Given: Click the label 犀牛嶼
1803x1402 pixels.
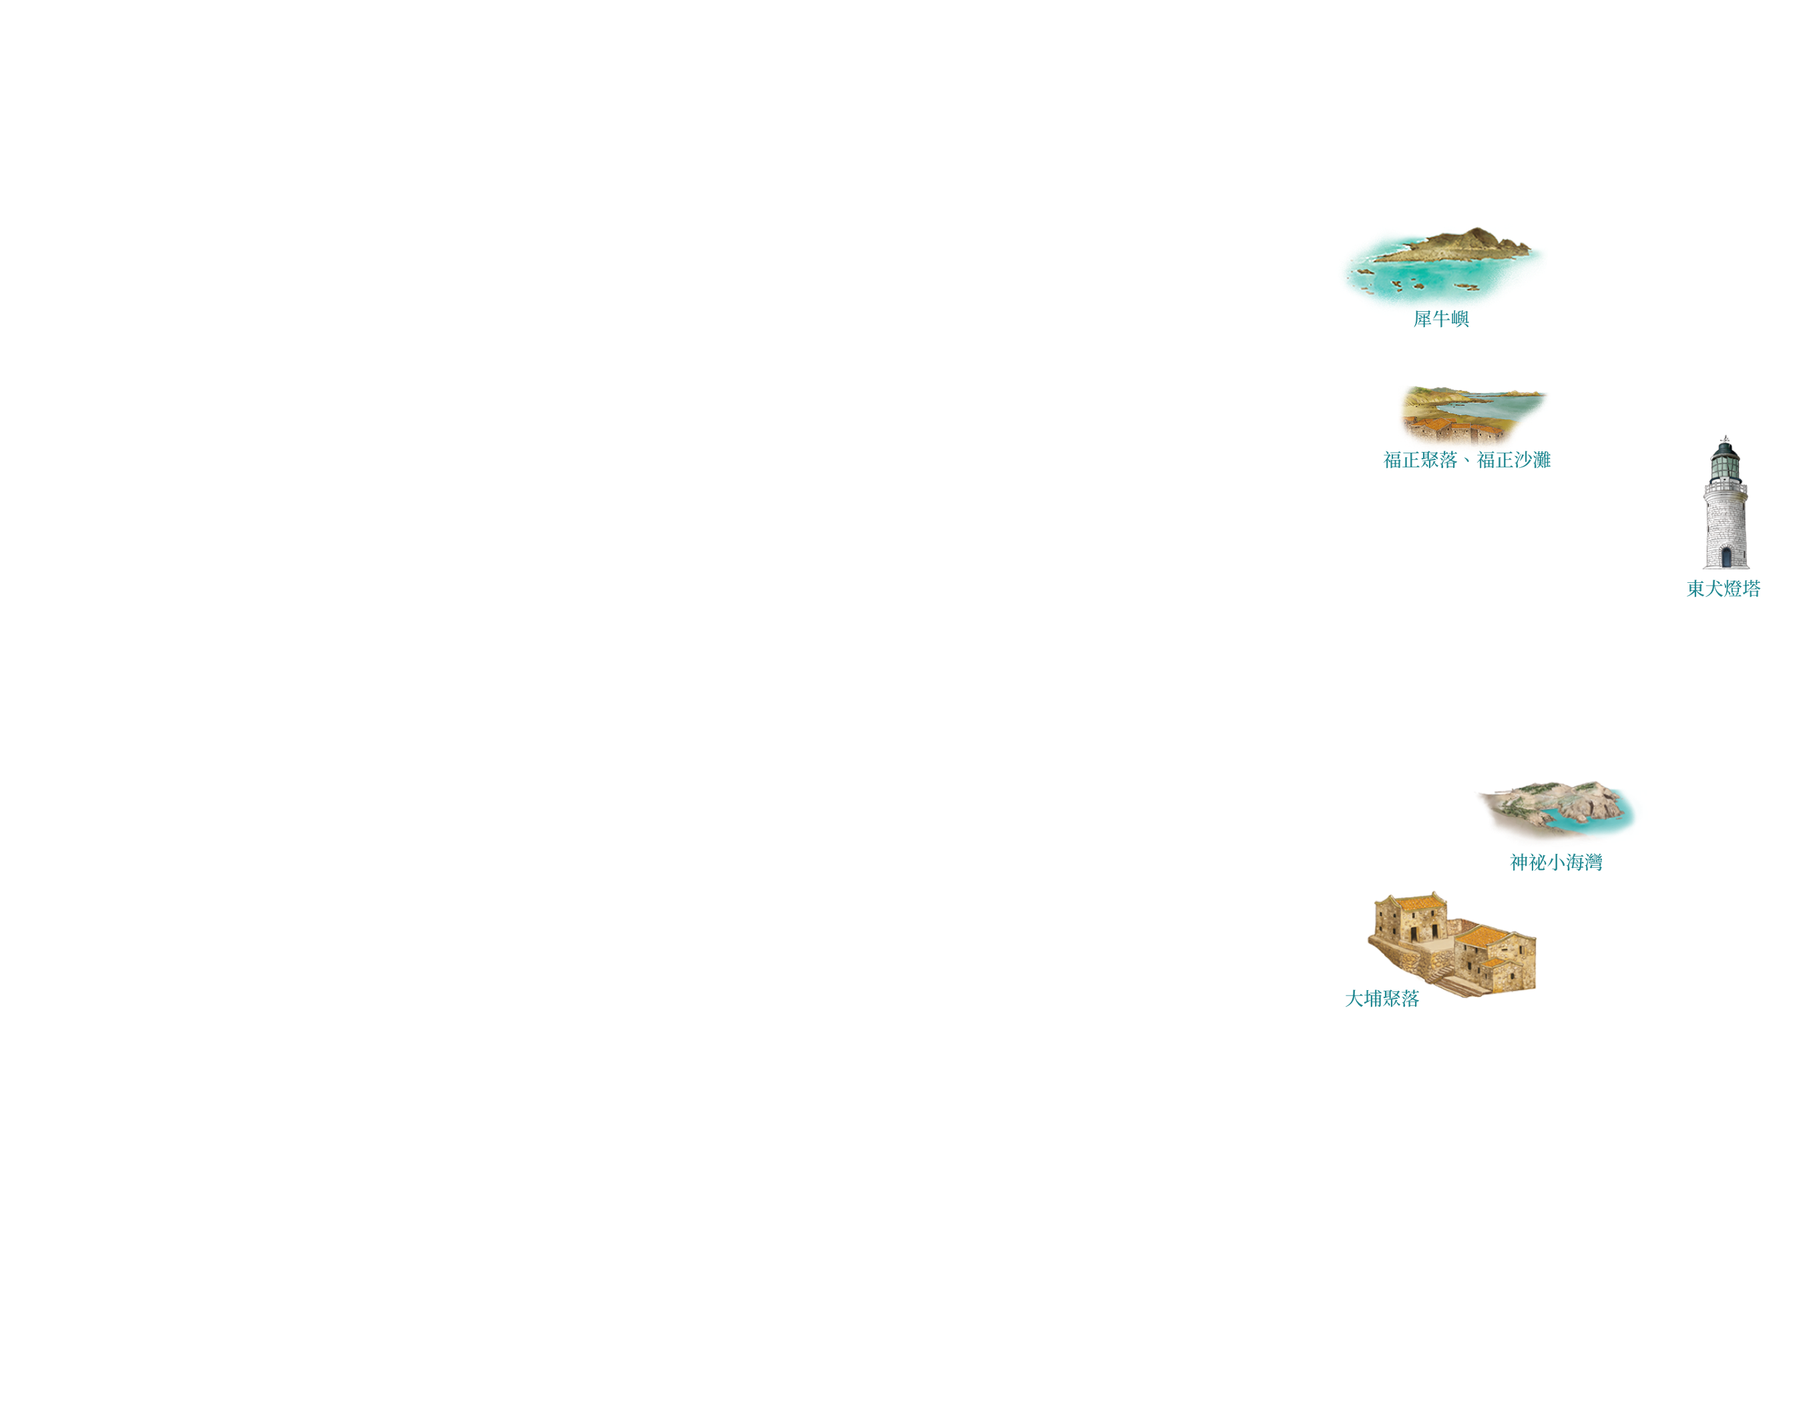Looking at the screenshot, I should tap(1440, 319).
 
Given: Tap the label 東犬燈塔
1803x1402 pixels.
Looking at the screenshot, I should tap(1723, 588).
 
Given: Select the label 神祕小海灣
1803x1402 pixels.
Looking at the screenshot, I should tap(1555, 863).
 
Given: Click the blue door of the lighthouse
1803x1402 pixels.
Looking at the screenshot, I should tap(1726, 558).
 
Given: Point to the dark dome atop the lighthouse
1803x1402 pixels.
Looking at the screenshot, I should tap(1725, 448).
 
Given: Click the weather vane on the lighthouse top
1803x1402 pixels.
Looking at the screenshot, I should tap(1725, 437).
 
